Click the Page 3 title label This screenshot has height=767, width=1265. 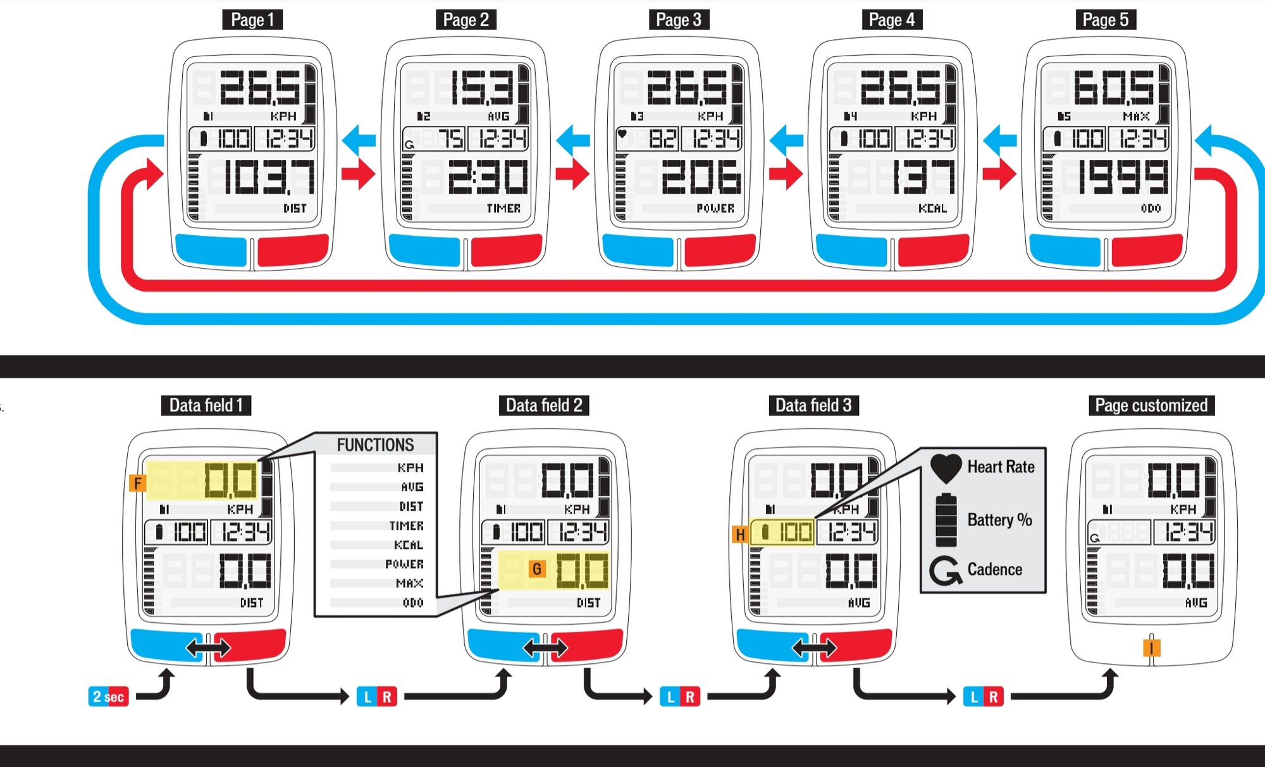coord(679,20)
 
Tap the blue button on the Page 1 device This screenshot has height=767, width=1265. coord(211,250)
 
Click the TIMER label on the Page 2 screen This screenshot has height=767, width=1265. coord(503,208)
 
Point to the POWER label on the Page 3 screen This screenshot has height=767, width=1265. coord(715,208)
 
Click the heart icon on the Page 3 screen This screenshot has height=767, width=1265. coord(622,133)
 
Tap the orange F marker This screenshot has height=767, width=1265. coord(138,484)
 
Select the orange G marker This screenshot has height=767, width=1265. coord(537,569)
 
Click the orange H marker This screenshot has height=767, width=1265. coord(740,535)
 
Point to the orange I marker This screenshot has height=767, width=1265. coord(1152,648)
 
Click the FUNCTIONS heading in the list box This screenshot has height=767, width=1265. coord(375,445)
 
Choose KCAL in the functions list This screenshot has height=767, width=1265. coord(409,544)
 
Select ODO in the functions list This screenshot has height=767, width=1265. coord(413,603)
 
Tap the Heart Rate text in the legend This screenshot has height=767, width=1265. coord(1001,467)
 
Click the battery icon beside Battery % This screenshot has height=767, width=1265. coord(946,520)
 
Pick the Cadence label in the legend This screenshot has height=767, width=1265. coord(994,570)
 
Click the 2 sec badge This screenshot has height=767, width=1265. coord(108,697)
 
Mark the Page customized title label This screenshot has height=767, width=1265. coord(1151,405)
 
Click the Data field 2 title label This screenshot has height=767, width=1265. coord(544,405)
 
